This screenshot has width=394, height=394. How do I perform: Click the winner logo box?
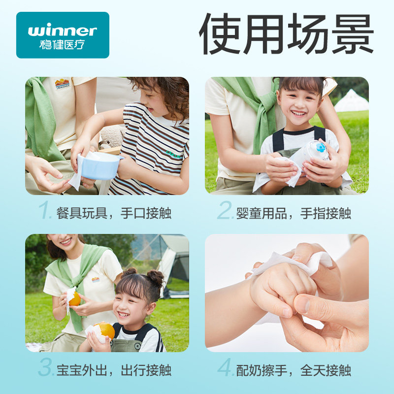(63, 35)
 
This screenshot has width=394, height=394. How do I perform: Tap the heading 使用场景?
(286, 34)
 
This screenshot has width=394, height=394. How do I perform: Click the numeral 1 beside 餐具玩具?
(45, 212)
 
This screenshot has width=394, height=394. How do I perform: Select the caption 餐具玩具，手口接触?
(114, 213)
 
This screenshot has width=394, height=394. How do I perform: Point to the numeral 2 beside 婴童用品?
(225, 212)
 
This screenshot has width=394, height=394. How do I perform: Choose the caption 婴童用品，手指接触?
(294, 213)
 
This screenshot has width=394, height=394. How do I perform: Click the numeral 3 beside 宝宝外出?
(45, 369)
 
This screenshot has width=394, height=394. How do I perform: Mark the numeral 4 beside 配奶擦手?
(226, 369)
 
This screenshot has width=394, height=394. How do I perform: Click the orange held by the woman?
(74, 298)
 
